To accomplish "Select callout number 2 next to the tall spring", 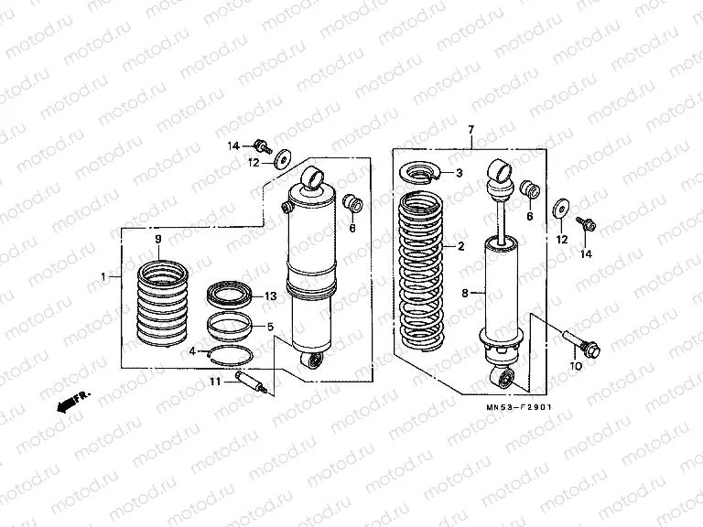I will click(x=460, y=246).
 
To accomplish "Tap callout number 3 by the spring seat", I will click(x=460, y=173).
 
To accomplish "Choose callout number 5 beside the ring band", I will click(x=270, y=326).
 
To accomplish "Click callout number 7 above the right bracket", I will click(x=470, y=131).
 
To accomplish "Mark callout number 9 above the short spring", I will click(x=157, y=239).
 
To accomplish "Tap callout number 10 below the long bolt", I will click(x=576, y=366).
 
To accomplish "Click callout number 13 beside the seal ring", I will click(x=270, y=296).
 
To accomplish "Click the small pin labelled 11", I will click(x=251, y=383).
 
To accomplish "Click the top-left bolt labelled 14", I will click(x=264, y=145).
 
